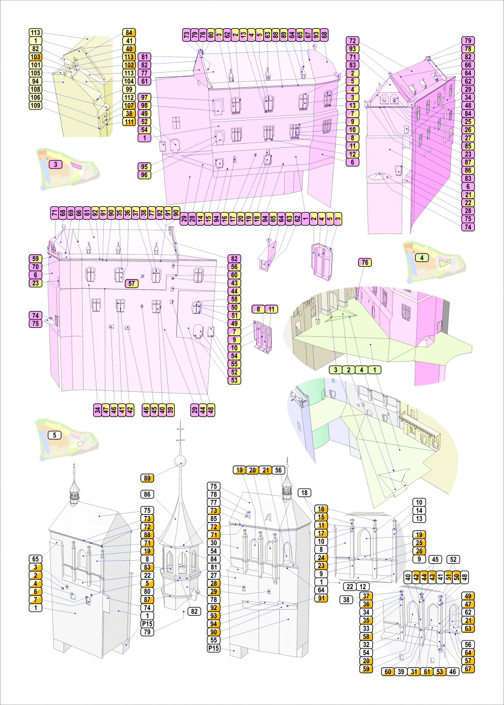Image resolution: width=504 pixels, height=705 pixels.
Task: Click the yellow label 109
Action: (36, 105)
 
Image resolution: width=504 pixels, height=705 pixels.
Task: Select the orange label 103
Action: (36, 56)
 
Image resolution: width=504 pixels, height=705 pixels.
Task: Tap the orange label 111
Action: (129, 122)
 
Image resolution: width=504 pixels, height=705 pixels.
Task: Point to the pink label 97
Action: (145, 97)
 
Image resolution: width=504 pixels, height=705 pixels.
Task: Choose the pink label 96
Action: (145, 175)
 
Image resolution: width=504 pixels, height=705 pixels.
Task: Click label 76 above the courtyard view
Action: (365, 263)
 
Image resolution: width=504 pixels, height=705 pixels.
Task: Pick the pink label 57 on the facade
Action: (132, 283)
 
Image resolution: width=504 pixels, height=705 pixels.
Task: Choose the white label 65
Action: (36, 559)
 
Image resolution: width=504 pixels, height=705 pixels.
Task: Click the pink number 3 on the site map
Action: (55, 164)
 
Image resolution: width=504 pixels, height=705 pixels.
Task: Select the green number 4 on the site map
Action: (422, 258)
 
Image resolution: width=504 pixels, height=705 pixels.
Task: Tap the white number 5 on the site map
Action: (54, 435)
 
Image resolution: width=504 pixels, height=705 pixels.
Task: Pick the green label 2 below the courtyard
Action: (349, 370)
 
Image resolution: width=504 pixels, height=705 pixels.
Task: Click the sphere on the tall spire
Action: (180, 462)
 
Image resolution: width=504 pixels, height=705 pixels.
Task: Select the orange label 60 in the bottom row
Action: (388, 672)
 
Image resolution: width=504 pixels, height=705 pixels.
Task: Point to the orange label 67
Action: (468, 669)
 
